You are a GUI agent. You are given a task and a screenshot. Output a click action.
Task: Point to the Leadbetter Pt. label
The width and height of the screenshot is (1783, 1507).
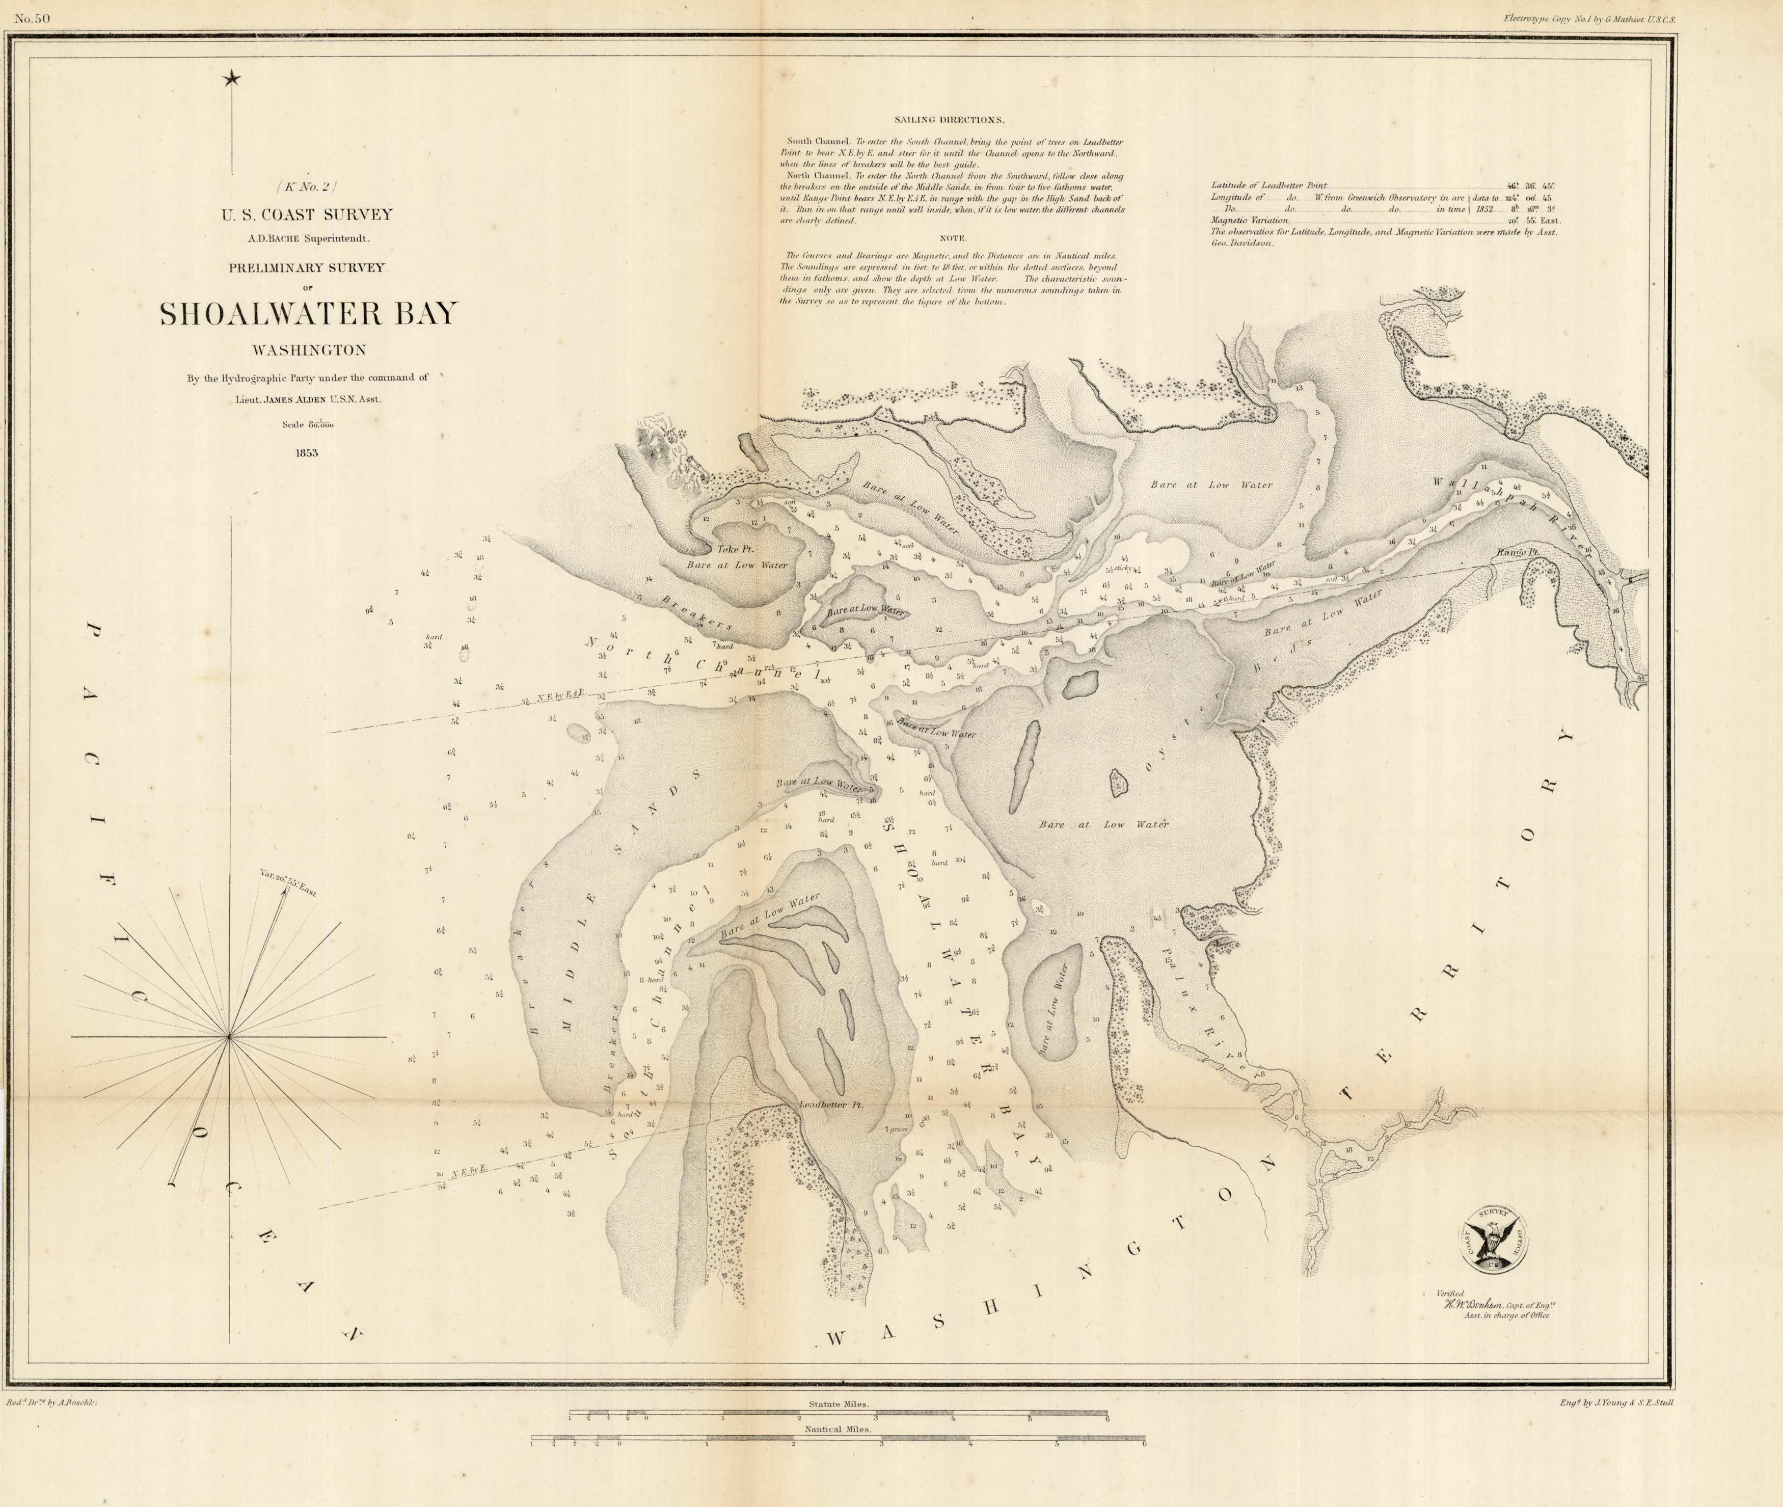click(x=831, y=1105)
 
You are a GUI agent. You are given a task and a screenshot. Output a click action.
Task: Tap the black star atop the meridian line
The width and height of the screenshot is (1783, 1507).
click(x=231, y=79)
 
